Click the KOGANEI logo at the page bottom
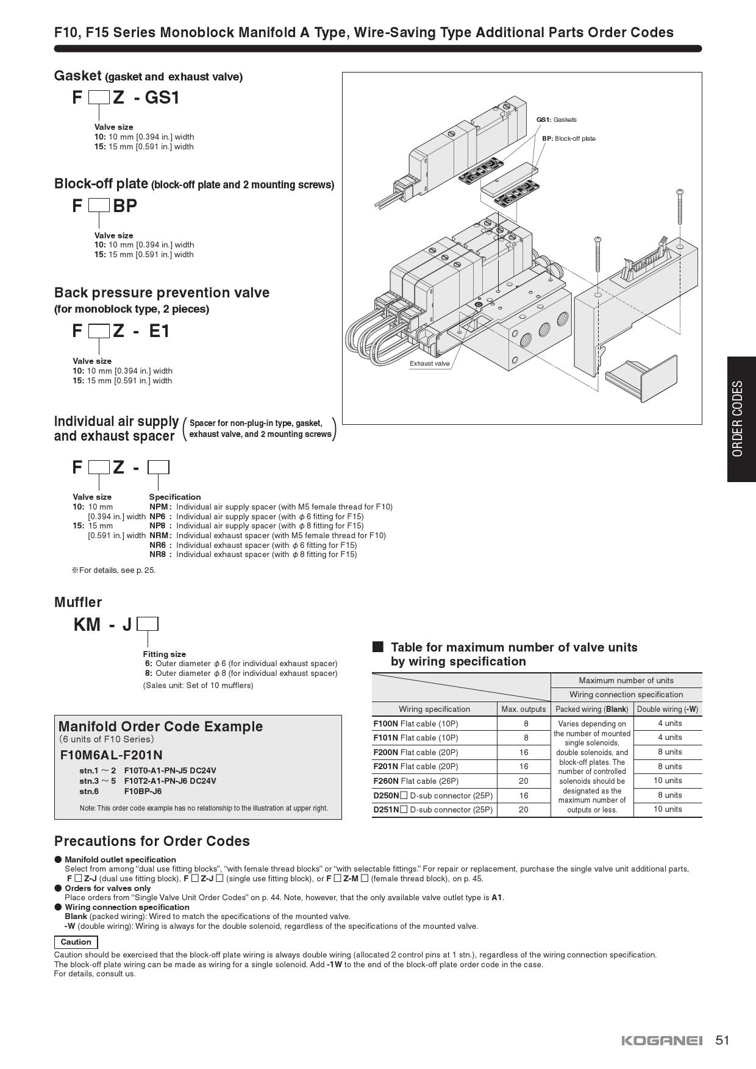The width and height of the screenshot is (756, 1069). click(661, 1040)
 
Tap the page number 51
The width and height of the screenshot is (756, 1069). click(722, 1040)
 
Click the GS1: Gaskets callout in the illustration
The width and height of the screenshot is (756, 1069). click(556, 119)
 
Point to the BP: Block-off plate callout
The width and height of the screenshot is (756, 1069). click(568, 138)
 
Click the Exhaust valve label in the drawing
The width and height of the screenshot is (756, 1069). click(429, 363)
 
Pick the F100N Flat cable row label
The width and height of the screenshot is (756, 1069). click(415, 723)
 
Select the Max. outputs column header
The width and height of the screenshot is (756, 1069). click(523, 709)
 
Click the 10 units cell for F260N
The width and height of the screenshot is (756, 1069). click(668, 781)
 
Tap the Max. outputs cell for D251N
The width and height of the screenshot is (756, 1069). click(523, 809)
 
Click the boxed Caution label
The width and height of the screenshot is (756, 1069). click(76, 942)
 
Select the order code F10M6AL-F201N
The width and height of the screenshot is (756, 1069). click(112, 755)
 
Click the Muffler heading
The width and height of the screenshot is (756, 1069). click(78, 602)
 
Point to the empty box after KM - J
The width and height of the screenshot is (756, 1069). click(148, 624)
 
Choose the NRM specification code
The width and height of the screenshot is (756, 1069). click(160, 535)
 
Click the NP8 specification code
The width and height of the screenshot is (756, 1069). click(158, 525)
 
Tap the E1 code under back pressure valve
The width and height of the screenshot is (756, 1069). click(159, 331)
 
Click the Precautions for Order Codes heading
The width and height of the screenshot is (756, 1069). click(152, 841)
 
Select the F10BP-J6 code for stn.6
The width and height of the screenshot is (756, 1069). click(143, 791)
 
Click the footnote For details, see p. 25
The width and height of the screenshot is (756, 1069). click(115, 570)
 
